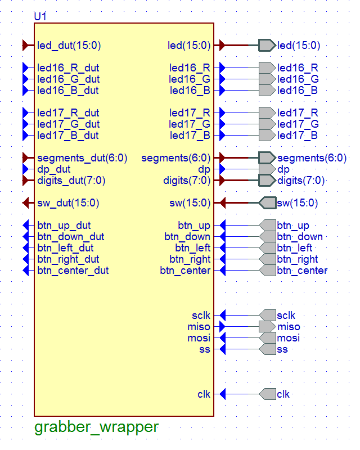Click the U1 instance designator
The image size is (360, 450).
click(40, 16)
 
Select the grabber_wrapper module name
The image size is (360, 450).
click(96, 427)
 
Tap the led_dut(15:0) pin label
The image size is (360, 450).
click(69, 46)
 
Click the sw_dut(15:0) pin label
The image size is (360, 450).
click(68, 203)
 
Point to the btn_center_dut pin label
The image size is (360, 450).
click(73, 271)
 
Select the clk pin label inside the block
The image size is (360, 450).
click(204, 394)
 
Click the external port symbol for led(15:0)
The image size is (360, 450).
click(267, 46)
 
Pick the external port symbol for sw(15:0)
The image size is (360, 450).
click(267, 203)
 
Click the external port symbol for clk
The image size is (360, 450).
click(268, 394)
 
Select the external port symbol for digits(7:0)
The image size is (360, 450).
click(267, 181)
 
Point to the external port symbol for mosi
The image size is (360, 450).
click(268, 338)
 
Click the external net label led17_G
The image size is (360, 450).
click(298, 124)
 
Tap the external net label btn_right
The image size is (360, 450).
click(298, 259)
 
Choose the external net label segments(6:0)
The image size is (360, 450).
click(312, 158)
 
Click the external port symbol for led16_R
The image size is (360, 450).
click(267, 68)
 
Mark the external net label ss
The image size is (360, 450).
click(282, 349)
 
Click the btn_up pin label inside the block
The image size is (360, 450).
click(194, 226)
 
